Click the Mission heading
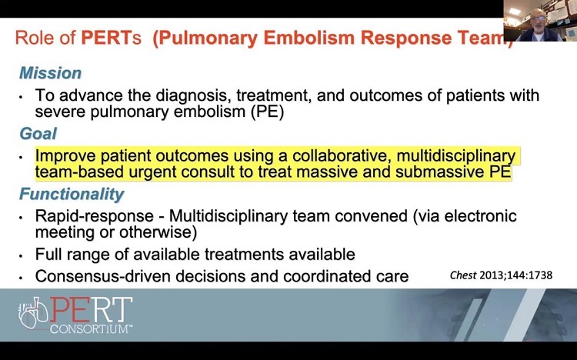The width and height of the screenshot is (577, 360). (51, 73)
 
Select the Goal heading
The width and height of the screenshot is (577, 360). (38, 134)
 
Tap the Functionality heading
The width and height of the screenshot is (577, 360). (72, 194)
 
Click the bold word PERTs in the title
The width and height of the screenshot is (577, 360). (111, 38)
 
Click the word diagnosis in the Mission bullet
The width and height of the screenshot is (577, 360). (194, 95)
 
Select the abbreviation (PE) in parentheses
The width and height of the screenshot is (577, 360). (267, 112)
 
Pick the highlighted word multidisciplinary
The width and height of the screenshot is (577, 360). (456, 156)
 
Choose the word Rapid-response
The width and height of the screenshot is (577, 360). (94, 216)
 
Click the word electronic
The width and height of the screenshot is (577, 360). (480, 215)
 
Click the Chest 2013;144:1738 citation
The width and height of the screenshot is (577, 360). (501, 275)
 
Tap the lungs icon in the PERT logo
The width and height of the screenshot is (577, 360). (34, 312)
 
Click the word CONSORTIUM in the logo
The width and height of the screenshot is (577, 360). (92, 328)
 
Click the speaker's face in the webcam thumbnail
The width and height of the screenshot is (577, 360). (539, 20)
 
